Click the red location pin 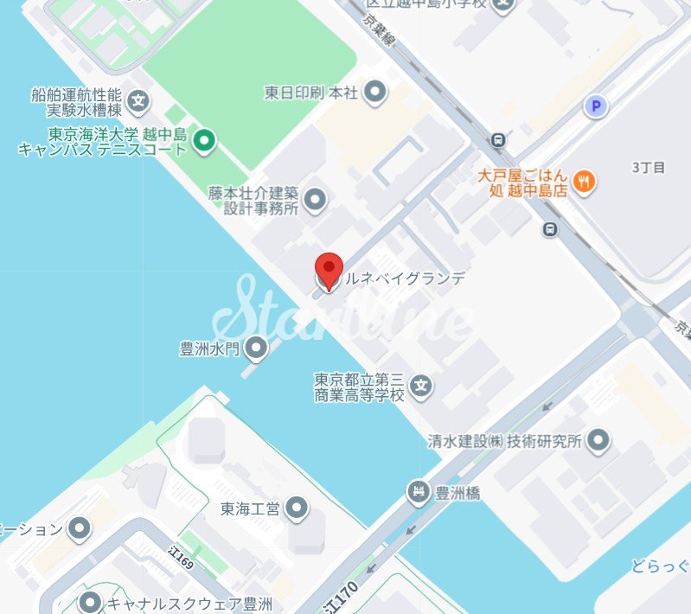click(x=329, y=268)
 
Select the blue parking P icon click(x=594, y=106)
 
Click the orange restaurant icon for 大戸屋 click(x=586, y=181)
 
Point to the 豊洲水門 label click(x=208, y=349)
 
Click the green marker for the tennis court click(x=203, y=140)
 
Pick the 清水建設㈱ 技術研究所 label click(x=505, y=441)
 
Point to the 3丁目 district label click(x=648, y=167)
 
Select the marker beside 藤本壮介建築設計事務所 click(x=316, y=200)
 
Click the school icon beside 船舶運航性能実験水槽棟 click(x=138, y=102)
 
